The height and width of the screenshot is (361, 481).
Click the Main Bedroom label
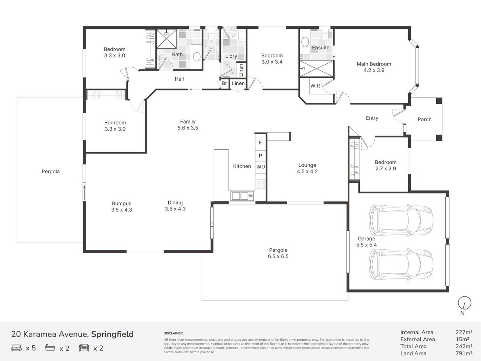[x=374, y=64]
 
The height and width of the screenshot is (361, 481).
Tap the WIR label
[x=315, y=86]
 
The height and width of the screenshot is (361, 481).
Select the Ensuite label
[x=320, y=48]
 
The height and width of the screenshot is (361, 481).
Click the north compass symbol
[x=465, y=303]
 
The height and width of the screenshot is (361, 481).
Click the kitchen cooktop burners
[x=260, y=184]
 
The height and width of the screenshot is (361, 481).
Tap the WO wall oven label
[x=260, y=167]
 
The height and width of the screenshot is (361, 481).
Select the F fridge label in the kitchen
[x=260, y=143]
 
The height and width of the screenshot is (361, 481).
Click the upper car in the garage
[x=401, y=220]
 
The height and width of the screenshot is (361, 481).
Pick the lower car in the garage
[x=401, y=265]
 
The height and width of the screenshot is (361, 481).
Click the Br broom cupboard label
[x=224, y=83]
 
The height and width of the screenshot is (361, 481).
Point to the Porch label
[x=424, y=119]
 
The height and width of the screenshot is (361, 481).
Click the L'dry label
[x=231, y=56]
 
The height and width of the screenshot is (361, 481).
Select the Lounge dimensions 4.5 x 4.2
[x=307, y=172]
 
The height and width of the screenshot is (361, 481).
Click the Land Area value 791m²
[x=464, y=353]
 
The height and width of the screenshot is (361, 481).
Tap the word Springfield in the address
[x=112, y=334]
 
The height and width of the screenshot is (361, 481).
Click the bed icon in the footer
[x=16, y=348]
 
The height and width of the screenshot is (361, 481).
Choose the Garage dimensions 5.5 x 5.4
[x=366, y=245]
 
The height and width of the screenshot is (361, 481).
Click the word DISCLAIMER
[x=173, y=333]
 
